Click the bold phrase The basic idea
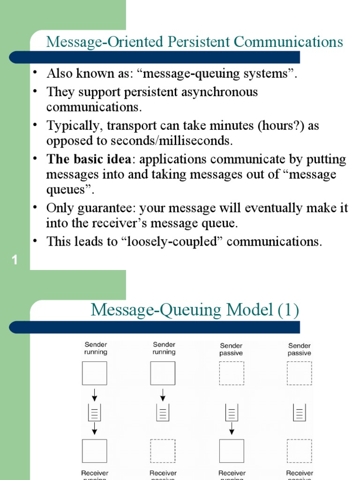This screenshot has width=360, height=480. (89, 159)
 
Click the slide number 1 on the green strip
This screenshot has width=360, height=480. (15, 260)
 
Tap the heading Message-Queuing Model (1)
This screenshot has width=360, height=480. (195, 310)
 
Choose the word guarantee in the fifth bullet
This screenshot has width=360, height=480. (107, 208)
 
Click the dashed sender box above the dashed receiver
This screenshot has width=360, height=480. (299, 373)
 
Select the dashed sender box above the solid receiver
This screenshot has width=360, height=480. (232, 373)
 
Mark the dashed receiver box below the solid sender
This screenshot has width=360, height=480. (162, 451)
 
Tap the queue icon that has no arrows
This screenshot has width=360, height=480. (299, 412)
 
